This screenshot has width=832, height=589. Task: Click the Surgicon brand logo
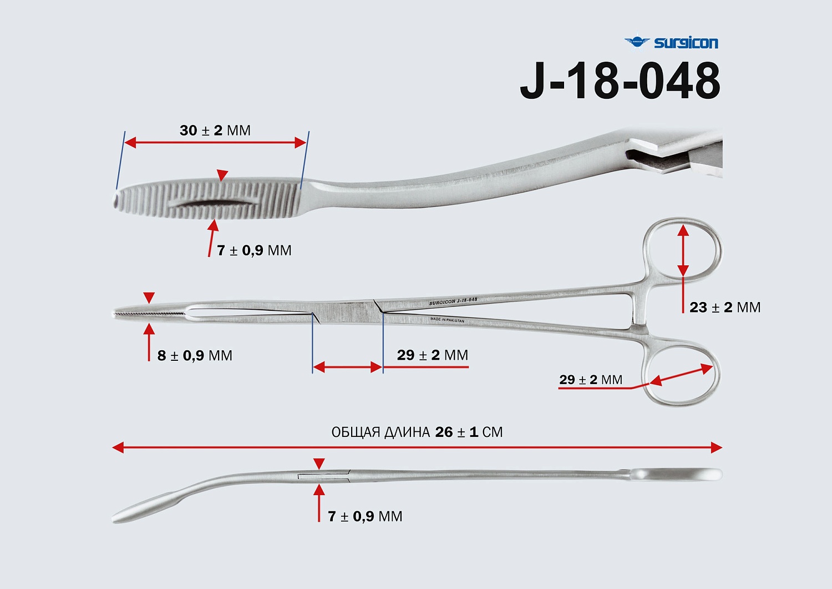pyautogui.click(x=671, y=42)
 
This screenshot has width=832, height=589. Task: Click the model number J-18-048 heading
pyautogui.click(x=620, y=81)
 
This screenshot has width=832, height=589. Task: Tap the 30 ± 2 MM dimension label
pyautogui.click(x=215, y=130)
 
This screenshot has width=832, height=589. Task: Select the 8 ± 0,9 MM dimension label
pyautogui.click(x=195, y=355)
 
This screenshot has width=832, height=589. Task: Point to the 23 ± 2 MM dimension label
pyautogui.click(x=724, y=308)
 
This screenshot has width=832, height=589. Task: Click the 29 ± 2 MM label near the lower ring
pyautogui.click(x=590, y=380)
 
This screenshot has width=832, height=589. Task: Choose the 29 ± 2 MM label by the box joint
pyautogui.click(x=432, y=355)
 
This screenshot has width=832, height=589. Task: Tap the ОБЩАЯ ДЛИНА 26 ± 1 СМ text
pyautogui.click(x=417, y=432)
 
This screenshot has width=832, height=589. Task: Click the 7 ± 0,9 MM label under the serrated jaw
pyautogui.click(x=254, y=250)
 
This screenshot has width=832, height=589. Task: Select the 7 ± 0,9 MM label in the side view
pyautogui.click(x=365, y=516)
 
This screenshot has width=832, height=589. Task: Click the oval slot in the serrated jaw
pyautogui.click(x=214, y=204)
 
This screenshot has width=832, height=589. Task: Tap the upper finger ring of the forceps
pyautogui.click(x=683, y=249)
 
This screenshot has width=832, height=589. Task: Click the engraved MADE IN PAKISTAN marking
pyautogui.click(x=447, y=320)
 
